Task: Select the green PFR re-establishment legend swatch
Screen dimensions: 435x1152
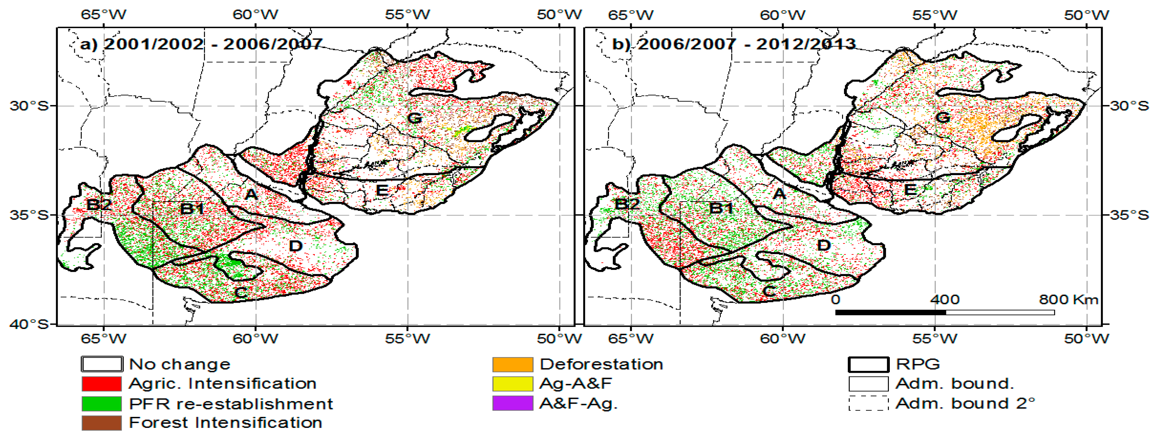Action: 101,403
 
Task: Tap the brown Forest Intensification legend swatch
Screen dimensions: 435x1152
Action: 101,422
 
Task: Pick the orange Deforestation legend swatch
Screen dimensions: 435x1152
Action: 512,364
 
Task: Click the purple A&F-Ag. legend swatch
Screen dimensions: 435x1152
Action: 512,403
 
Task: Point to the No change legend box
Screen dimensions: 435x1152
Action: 101,364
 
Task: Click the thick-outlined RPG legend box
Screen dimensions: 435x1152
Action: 868,364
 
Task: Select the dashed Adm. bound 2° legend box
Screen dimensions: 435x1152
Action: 868,403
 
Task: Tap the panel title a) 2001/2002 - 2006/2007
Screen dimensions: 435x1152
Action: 201,44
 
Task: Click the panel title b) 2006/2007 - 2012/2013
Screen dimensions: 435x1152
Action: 734,44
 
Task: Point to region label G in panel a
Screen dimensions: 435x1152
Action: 415,118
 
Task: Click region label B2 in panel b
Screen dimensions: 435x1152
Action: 627,204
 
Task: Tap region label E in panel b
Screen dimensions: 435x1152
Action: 910,190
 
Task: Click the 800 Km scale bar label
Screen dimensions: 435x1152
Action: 1068,299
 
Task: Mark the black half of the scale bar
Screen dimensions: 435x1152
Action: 890,312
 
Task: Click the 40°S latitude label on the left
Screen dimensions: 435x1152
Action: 29,324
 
